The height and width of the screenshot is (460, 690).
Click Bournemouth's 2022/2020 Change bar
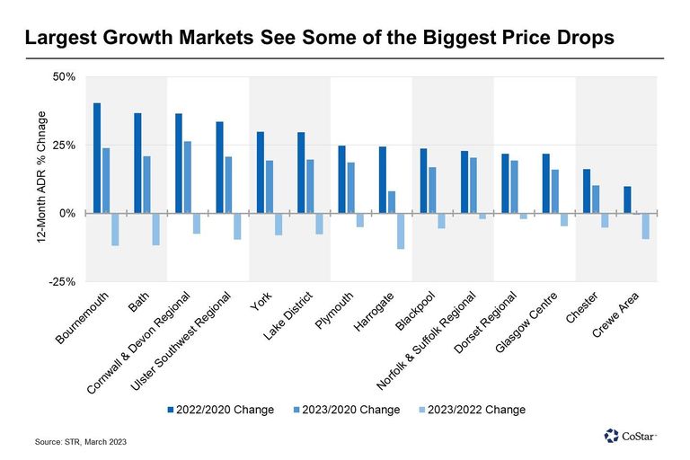[97, 158]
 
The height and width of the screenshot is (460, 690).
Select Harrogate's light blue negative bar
[401, 231]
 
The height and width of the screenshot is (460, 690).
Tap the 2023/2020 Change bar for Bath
[146, 185]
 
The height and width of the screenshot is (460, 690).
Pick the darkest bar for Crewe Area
[627, 199]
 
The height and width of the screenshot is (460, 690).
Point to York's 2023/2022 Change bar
[279, 225]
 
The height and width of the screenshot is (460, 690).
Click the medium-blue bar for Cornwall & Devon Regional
[188, 177]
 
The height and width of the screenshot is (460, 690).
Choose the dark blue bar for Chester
[587, 191]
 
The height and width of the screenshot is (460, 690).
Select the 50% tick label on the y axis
[64, 77]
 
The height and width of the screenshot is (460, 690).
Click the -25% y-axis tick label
[62, 282]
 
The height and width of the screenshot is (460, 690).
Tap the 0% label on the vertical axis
[66, 214]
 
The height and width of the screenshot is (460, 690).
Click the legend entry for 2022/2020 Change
[220, 410]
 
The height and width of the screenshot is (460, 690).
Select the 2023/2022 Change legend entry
[473, 410]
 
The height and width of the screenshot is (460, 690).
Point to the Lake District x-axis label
[288, 315]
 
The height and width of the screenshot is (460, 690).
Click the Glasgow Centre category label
[526, 323]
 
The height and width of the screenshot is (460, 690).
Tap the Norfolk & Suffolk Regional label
[426, 341]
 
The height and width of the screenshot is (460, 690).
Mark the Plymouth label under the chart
[334, 310]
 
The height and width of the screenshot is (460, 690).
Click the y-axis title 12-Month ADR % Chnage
[41, 177]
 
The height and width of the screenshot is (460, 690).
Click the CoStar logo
[630, 436]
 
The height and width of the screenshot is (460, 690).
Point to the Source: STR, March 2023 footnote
[81, 441]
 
